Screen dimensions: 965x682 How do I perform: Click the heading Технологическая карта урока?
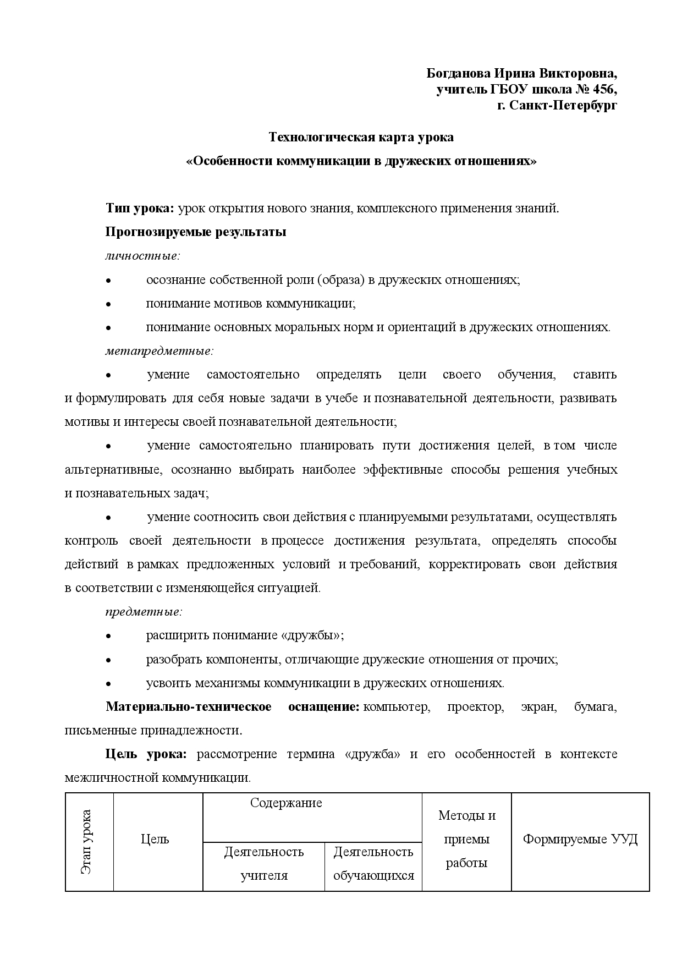pyautogui.click(x=361, y=137)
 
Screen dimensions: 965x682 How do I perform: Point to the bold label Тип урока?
pyautogui.click(x=140, y=209)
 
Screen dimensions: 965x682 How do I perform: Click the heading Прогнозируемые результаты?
pyautogui.click(x=196, y=232)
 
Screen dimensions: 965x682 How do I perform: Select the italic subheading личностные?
pyautogui.click(x=143, y=256)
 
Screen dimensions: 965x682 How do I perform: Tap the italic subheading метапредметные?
pyautogui.click(x=159, y=350)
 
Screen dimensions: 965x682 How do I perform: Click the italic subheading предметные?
pyautogui.click(x=144, y=611)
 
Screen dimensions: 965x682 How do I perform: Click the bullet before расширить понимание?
pyautogui.click(x=109, y=636)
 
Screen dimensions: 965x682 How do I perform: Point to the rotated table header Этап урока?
pyautogui.click(x=87, y=842)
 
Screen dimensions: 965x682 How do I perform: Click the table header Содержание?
pyautogui.click(x=286, y=803)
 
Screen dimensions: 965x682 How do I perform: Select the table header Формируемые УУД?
pyautogui.click(x=580, y=839)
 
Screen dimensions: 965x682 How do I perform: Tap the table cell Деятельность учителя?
pyautogui.click(x=264, y=863)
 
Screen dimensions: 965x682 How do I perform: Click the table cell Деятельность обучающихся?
pyautogui.click(x=373, y=863)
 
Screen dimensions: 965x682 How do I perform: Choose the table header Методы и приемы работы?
pyautogui.click(x=466, y=839)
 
